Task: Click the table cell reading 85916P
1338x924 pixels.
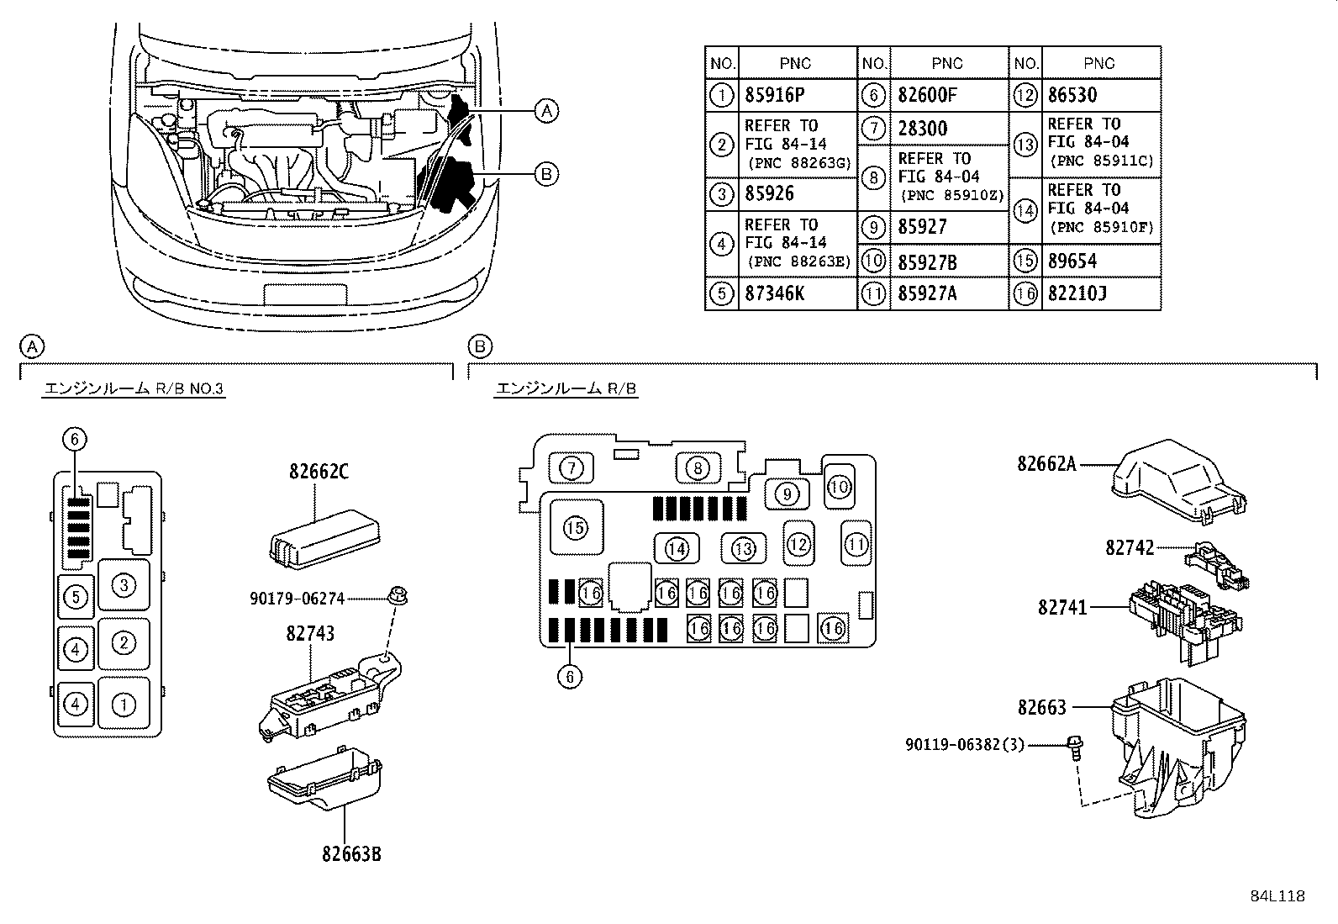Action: (x=774, y=95)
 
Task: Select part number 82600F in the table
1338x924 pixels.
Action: (x=927, y=95)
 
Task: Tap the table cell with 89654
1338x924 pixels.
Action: (x=1072, y=261)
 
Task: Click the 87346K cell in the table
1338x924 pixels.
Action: (x=774, y=293)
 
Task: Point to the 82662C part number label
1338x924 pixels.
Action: (x=319, y=472)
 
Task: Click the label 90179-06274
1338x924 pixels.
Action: (x=297, y=599)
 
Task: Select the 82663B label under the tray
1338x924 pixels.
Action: (x=351, y=854)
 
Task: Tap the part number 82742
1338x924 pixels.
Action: (x=1130, y=547)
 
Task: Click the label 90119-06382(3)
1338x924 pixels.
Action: (x=965, y=745)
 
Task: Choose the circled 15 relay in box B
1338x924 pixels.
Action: (x=576, y=528)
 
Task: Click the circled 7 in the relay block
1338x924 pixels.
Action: (x=571, y=468)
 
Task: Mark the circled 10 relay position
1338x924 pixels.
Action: (x=840, y=487)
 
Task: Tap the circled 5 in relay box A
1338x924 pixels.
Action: (x=76, y=597)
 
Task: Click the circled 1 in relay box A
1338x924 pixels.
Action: (x=124, y=704)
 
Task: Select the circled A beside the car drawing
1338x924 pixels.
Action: (x=546, y=111)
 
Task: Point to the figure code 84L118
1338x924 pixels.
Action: (x=1277, y=896)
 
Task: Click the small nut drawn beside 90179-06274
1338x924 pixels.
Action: (x=398, y=596)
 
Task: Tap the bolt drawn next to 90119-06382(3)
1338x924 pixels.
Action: (x=1075, y=747)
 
